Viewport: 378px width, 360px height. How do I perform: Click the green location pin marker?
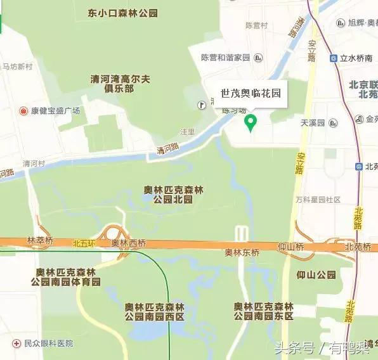pyautogui.click(x=251, y=122)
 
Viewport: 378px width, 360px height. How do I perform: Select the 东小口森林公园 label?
pyautogui.click(x=123, y=13)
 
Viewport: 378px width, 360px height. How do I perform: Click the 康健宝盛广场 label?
pyautogui.click(x=56, y=111)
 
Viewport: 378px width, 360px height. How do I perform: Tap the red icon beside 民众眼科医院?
pyautogui.click(x=17, y=344)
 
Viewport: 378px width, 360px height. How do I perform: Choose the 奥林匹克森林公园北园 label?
pyautogui.click(x=173, y=195)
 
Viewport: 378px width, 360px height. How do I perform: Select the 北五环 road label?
pyautogui.click(x=82, y=242)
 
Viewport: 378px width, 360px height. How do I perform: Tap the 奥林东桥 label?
pyautogui.click(x=242, y=252)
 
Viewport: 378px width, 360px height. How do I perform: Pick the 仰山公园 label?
pyautogui.click(x=316, y=274)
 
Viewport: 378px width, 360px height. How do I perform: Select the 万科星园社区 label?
pyautogui.click(x=318, y=200)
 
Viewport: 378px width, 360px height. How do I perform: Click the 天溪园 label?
pyautogui.click(x=313, y=122)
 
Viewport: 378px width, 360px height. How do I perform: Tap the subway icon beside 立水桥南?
pyautogui.click(x=334, y=58)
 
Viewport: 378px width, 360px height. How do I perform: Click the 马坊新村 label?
pyautogui.click(x=17, y=67)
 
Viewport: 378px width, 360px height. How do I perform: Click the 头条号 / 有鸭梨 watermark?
pyautogui.click(x=323, y=347)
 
